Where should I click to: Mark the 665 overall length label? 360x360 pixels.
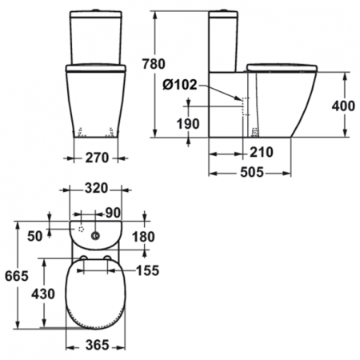pyautogui.click(x=15, y=275)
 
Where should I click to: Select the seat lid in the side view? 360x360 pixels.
pyautogui.click(x=279, y=66)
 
